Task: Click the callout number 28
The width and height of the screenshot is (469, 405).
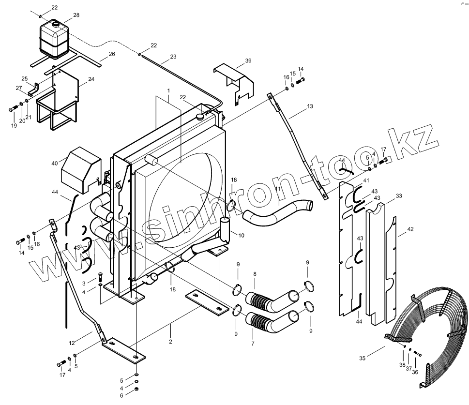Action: point(76,15)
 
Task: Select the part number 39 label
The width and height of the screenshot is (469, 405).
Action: point(248,60)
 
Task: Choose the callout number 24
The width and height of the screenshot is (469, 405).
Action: point(91,79)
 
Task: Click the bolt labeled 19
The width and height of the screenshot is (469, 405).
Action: point(12,109)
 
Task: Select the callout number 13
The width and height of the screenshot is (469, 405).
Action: point(310,106)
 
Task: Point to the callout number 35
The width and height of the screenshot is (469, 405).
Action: point(362,358)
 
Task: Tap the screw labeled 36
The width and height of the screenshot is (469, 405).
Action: point(418,356)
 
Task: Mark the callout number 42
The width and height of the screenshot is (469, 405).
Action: point(410,230)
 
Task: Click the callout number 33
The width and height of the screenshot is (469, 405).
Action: point(399,196)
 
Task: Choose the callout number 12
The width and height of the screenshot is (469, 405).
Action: point(72,343)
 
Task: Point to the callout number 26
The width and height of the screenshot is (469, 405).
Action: point(112,54)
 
